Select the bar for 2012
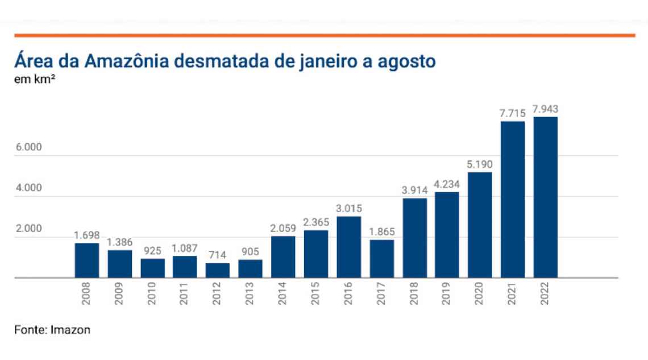[218, 271]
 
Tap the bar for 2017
[381, 259]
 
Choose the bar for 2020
[480, 225]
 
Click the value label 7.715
[513, 113]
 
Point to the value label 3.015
[349, 209]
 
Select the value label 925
[152, 251]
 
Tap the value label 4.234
[447, 184]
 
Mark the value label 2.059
[283, 229]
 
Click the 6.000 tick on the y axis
[29, 147]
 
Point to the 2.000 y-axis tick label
[29, 229]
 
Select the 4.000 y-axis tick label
[29, 188]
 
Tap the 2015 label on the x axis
[316, 293]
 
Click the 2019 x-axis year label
[447, 293]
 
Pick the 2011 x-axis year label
[185, 293]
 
